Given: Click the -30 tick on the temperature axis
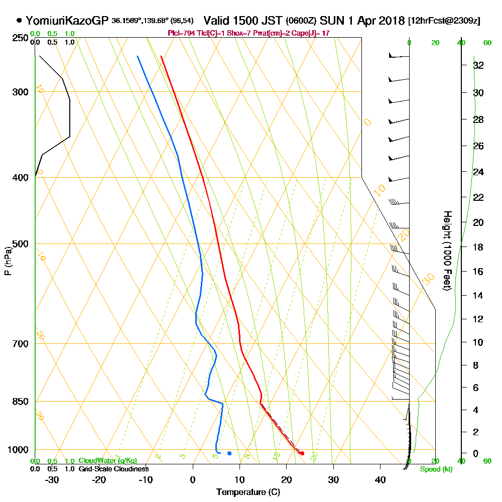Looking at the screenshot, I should click(52, 479).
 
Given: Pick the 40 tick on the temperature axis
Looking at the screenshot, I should click(380, 479).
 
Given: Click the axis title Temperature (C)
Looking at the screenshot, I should click(248, 492).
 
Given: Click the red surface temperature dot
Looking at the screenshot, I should click(302, 453).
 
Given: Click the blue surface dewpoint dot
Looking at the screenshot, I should click(229, 453).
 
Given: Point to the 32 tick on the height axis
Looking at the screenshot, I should click(478, 65).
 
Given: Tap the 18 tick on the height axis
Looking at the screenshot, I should click(478, 247).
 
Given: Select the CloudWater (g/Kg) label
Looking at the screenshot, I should click(107, 461).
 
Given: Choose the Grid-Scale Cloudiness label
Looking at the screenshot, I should click(113, 469).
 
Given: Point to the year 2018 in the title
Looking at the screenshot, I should click(391, 21).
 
